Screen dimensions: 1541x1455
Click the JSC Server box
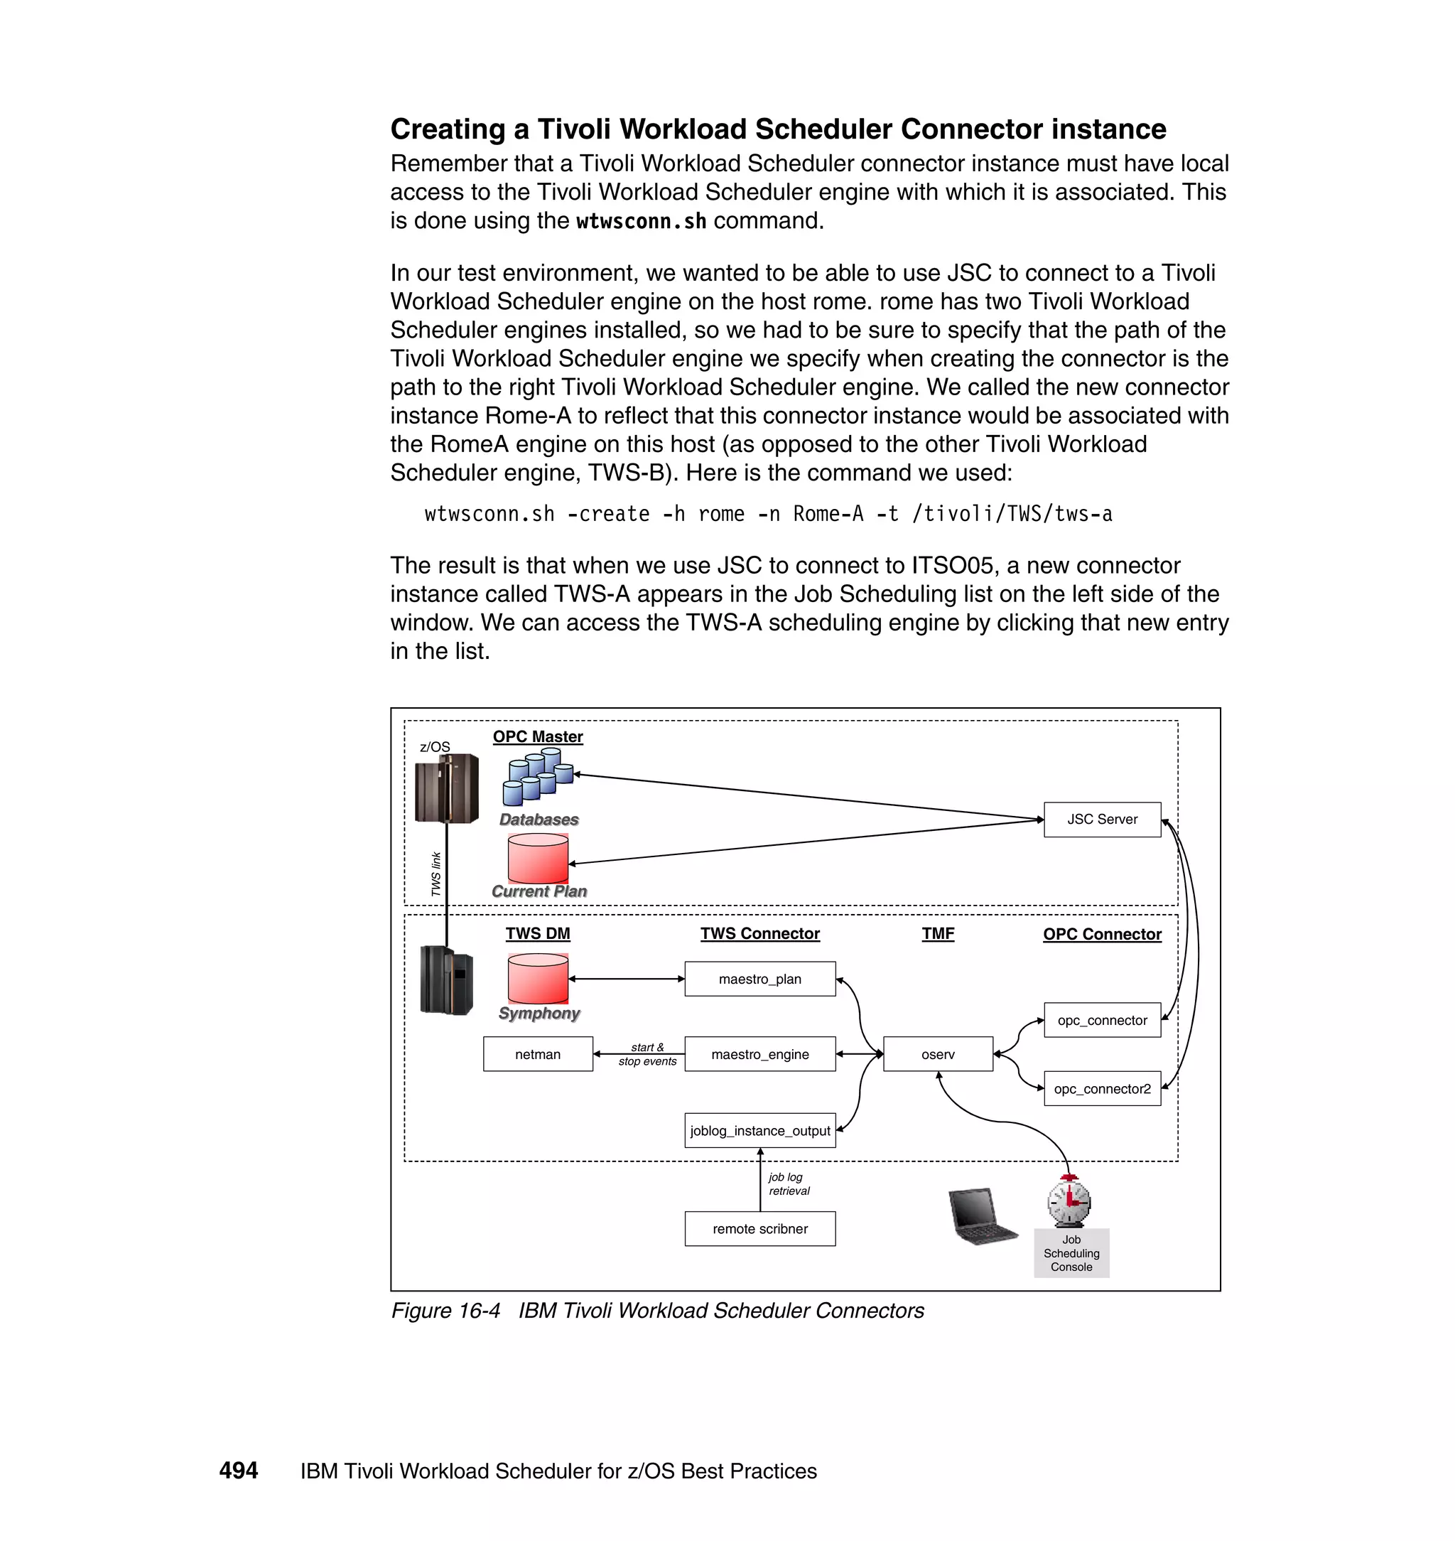coord(1101,820)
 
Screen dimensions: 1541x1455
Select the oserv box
coord(938,1053)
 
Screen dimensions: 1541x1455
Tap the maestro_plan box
coord(759,979)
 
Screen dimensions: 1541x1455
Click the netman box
coord(538,1053)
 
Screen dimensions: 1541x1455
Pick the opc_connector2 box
coord(1101,1089)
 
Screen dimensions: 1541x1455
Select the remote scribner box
coord(759,1228)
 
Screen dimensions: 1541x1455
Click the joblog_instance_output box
coord(759,1131)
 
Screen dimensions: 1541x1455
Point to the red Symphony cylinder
coord(538,979)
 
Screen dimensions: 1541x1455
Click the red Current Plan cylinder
coord(538,858)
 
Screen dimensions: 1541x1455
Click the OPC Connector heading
coord(1101,934)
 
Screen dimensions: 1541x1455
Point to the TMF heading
coord(938,933)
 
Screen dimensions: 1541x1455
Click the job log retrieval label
coord(788,1184)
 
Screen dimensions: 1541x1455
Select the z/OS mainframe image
coord(446,788)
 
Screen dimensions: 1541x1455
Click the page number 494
coord(238,1471)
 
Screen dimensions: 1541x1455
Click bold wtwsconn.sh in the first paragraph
coord(641,221)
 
